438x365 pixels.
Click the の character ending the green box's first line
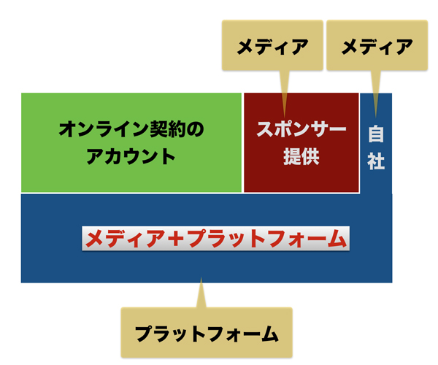(x=195, y=130)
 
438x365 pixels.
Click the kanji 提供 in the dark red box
(x=300, y=157)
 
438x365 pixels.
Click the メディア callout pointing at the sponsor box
(x=269, y=47)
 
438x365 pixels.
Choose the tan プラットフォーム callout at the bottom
(x=207, y=334)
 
